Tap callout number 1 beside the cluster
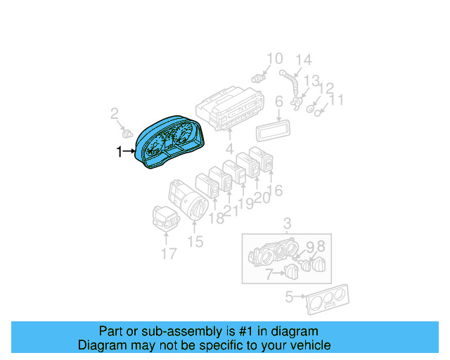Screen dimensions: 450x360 (119, 150)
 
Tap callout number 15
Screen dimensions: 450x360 (195, 242)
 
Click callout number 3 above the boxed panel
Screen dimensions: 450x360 (287, 224)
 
